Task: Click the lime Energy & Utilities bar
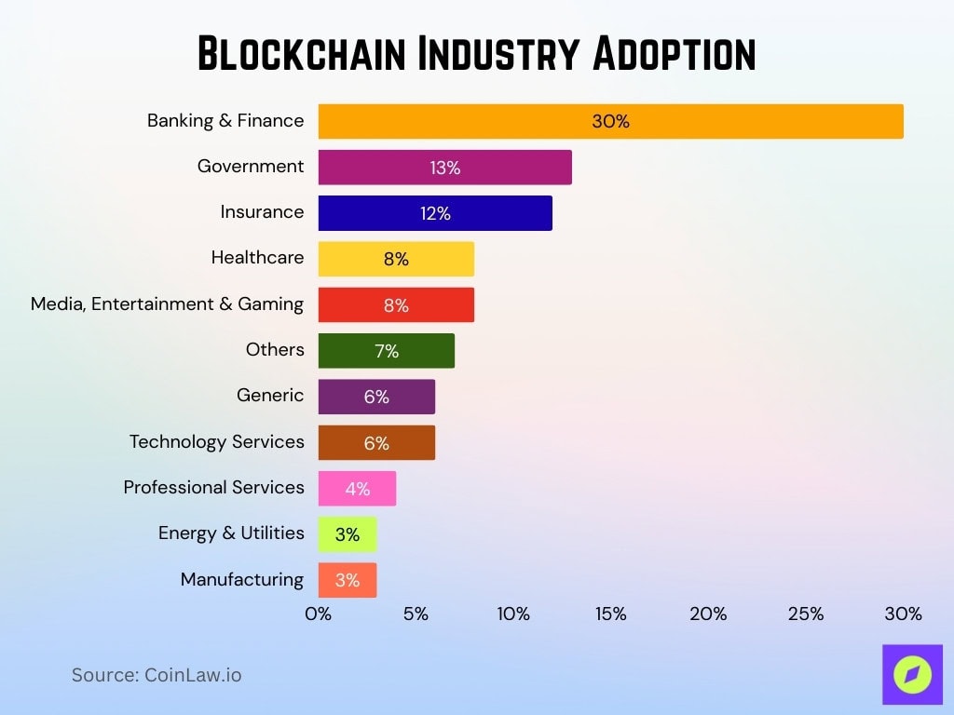348,534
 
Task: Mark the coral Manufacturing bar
348,580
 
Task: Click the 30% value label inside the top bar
610,121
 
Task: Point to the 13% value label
445,168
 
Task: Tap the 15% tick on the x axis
610,614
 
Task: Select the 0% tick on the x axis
319,614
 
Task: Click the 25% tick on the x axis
806,614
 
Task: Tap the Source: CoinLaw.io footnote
157,675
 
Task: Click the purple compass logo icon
912,674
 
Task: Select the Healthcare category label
257,257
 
